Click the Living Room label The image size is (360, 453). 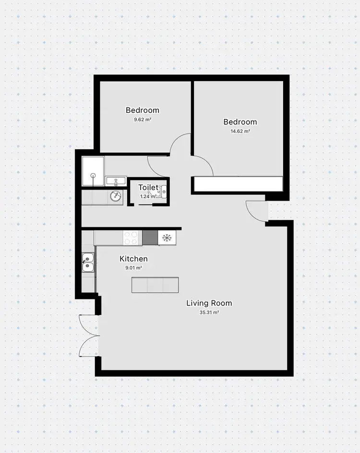[x=209, y=303]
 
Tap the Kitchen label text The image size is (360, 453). [x=133, y=259]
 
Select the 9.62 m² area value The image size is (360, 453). [x=142, y=119]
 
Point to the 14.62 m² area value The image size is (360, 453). [x=240, y=131]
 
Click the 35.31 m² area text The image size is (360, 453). [x=209, y=312]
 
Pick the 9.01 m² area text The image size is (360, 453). [x=133, y=268]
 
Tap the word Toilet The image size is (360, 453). [x=149, y=188]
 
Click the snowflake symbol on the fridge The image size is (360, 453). [x=167, y=238]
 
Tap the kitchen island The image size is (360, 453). [x=155, y=285]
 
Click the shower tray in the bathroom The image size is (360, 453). [x=93, y=171]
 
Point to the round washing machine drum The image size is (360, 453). [x=115, y=196]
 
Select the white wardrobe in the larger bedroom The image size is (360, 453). [x=238, y=184]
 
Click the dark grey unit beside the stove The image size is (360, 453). [x=150, y=238]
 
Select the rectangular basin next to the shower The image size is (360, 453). [x=116, y=181]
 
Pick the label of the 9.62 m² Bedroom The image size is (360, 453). [x=142, y=110]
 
